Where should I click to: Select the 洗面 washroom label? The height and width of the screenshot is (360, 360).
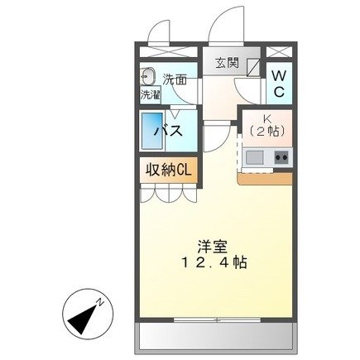(x=174, y=79)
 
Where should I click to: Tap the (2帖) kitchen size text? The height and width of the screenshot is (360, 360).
(x=266, y=132)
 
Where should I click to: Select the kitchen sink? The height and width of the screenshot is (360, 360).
(x=253, y=156)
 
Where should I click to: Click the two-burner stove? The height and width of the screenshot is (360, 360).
(x=281, y=156)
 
